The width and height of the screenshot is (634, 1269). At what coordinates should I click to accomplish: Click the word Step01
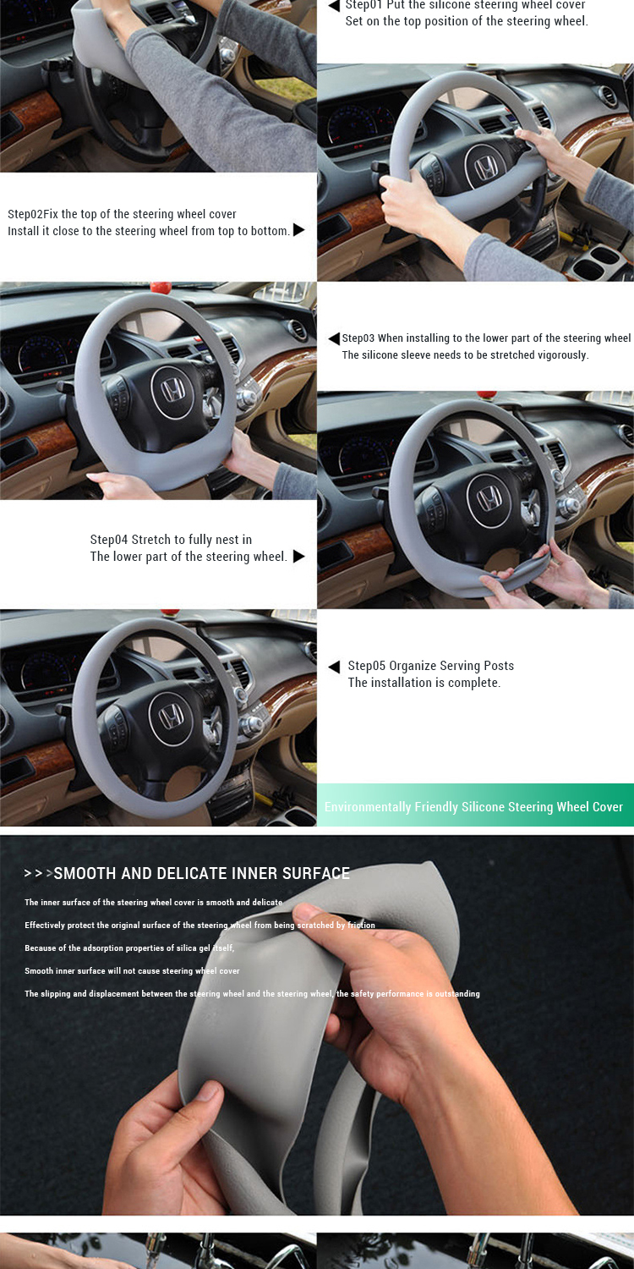click(x=363, y=5)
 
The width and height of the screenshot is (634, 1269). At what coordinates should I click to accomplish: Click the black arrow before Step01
click(x=334, y=6)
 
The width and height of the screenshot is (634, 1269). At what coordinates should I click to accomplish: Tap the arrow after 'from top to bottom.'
click(x=298, y=230)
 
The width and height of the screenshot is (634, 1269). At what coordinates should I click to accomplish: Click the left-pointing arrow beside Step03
click(x=334, y=338)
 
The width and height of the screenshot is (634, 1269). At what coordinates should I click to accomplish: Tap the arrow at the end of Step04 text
click(x=298, y=556)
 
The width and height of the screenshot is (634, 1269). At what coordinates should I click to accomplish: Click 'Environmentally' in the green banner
click(x=368, y=807)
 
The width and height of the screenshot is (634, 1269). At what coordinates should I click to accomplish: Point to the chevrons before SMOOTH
click(x=38, y=874)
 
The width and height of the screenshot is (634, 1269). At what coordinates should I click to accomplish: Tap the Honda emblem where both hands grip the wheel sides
click(x=486, y=168)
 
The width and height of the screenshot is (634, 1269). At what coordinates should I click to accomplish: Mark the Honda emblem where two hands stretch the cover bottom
click(x=489, y=497)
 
